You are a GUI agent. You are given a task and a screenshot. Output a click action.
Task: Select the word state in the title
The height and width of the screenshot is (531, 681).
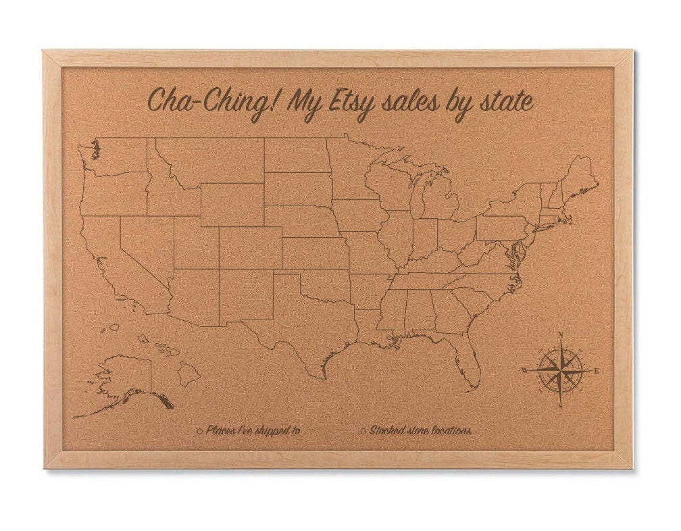501,103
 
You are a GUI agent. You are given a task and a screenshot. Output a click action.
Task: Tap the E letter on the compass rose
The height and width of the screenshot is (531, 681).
596,370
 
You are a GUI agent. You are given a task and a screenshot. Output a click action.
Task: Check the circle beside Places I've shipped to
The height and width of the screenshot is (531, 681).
200,430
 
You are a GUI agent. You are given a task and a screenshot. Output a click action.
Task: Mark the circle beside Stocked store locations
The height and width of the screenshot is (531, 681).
363,430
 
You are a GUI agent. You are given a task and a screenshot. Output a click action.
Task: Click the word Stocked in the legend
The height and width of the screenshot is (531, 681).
386,430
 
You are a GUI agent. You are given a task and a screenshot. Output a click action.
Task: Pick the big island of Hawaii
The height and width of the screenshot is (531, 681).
190,374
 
